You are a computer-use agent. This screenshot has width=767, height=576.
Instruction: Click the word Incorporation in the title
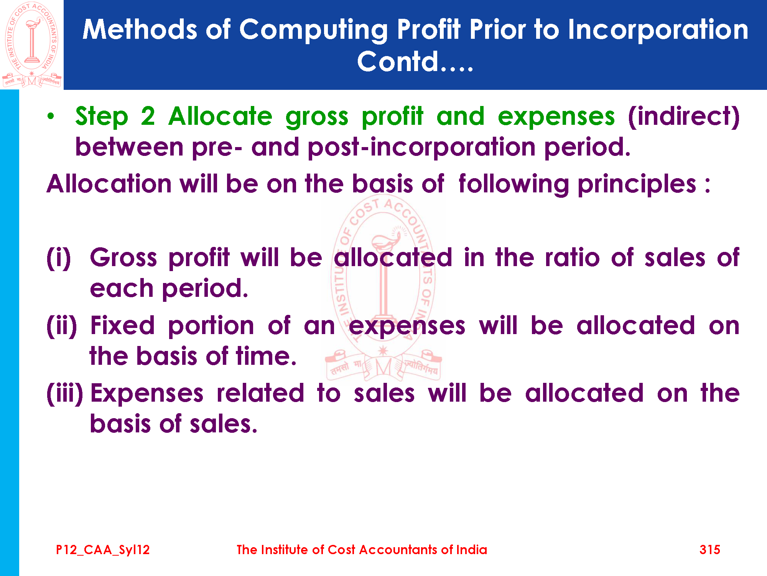[658, 30]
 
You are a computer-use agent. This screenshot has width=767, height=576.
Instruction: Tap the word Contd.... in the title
[415, 61]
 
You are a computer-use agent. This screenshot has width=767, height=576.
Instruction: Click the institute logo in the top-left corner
[32, 45]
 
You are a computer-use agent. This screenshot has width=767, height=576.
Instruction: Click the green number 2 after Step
[148, 116]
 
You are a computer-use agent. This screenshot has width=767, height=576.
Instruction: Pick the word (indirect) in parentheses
[684, 116]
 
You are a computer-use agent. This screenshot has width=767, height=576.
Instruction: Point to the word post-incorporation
[421, 147]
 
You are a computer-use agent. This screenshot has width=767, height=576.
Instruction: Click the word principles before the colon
[637, 184]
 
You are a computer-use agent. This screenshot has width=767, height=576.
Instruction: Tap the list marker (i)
[59, 258]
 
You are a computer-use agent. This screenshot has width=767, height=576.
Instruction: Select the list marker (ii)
[62, 326]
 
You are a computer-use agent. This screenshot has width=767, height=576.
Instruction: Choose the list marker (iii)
[65, 394]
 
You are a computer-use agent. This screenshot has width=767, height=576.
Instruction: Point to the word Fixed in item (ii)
[122, 326]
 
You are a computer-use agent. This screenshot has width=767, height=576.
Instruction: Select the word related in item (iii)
[260, 394]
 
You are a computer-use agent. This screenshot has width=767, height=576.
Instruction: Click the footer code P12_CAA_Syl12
[103, 550]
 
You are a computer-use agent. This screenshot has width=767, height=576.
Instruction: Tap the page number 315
[710, 550]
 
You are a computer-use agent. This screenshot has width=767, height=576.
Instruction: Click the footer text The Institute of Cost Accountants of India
[362, 550]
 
